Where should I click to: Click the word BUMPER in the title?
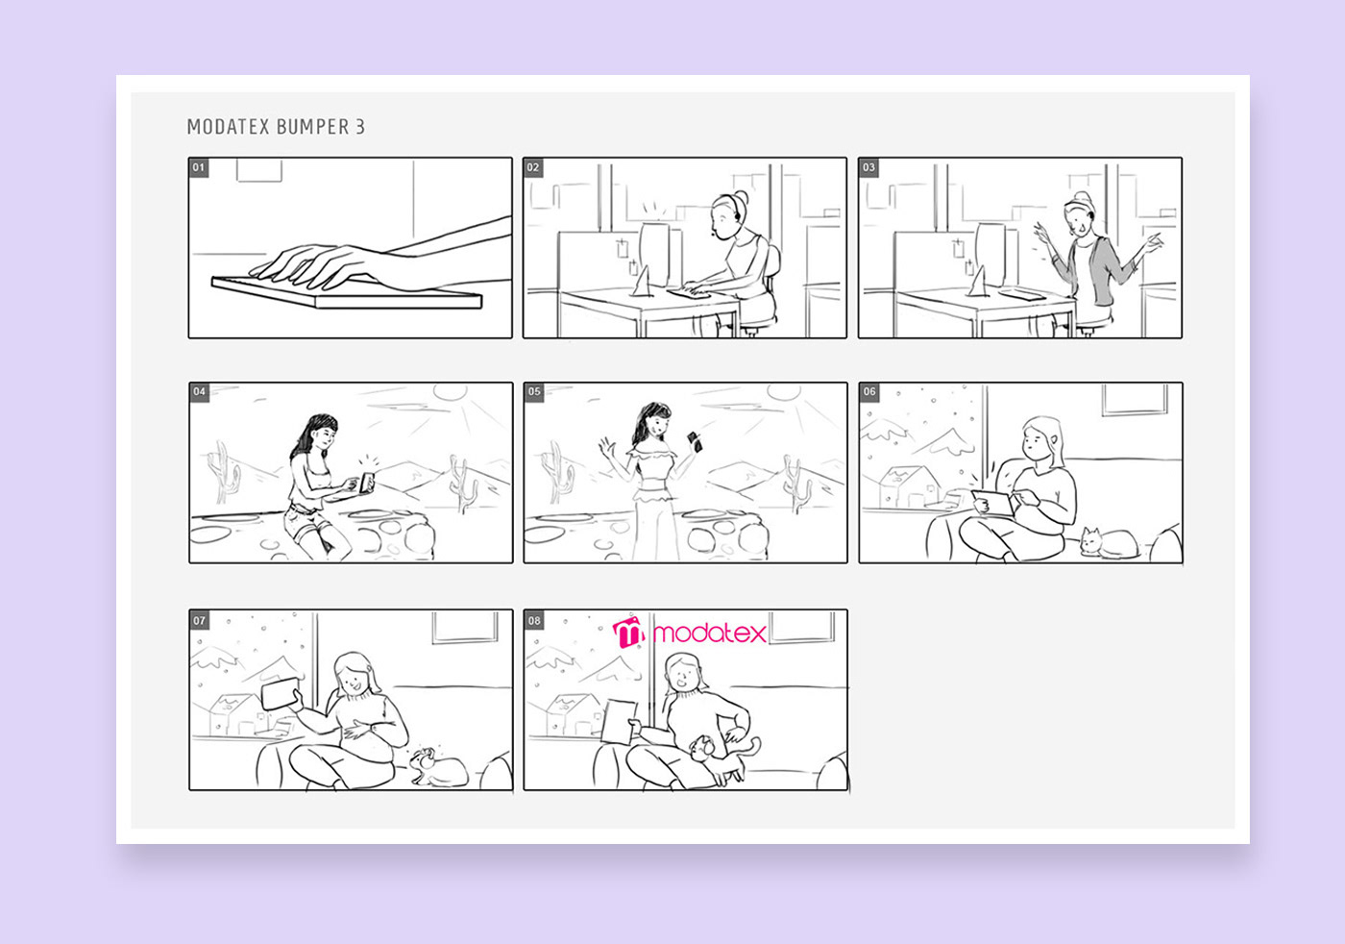(312, 127)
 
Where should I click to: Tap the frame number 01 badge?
(199, 167)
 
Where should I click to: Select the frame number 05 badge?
(534, 392)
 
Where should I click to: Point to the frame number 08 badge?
(534, 620)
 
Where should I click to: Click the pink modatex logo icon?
(628, 633)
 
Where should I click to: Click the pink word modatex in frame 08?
(709, 633)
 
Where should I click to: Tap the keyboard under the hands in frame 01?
(347, 292)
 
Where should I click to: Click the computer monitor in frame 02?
(654, 254)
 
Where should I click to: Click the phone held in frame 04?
(366, 484)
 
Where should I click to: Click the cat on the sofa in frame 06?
(1109, 543)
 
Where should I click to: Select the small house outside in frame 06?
(909, 486)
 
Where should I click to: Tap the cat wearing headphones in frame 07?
(438, 768)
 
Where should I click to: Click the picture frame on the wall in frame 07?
(465, 628)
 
